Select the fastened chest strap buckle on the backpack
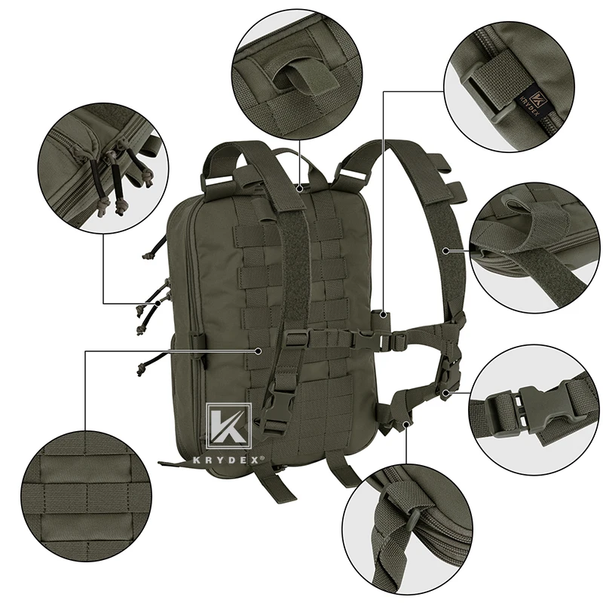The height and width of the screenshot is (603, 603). (393, 340)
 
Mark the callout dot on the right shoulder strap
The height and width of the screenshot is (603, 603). (446, 249)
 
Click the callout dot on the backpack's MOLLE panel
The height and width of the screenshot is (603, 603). (259, 350)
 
